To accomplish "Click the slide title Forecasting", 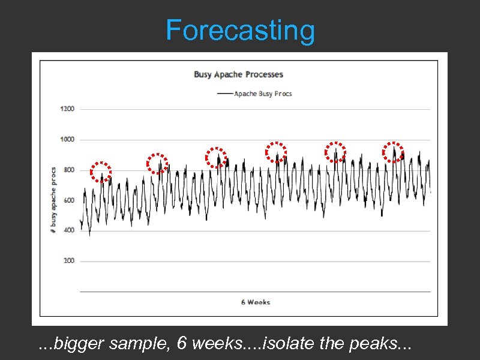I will [x=240, y=30].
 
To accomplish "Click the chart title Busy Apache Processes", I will [x=238, y=74].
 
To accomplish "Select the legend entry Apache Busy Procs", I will [x=263, y=94].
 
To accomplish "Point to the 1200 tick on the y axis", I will [x=67, y=109].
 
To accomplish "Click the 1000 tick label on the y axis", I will [x=67, y=140].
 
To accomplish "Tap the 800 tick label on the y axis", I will [x=68, y=170].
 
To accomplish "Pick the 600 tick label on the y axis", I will [x=68, y=200].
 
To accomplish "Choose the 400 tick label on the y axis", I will [x=68, y=230].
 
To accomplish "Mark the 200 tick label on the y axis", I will [x=68, y=261].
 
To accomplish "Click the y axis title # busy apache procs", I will [x=53, y=200].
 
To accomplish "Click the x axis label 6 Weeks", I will [x=256, y=302].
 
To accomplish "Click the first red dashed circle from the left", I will [x=101, y=172].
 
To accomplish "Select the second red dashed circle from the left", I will [x=157, y=163].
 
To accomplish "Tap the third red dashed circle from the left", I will [x=216, y=157].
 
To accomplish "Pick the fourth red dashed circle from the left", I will [x=276, y=152].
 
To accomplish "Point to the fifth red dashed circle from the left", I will [x=335, y=152].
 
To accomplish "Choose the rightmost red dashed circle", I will [x=394, y=152].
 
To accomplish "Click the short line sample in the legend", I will [x=225, y=94].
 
